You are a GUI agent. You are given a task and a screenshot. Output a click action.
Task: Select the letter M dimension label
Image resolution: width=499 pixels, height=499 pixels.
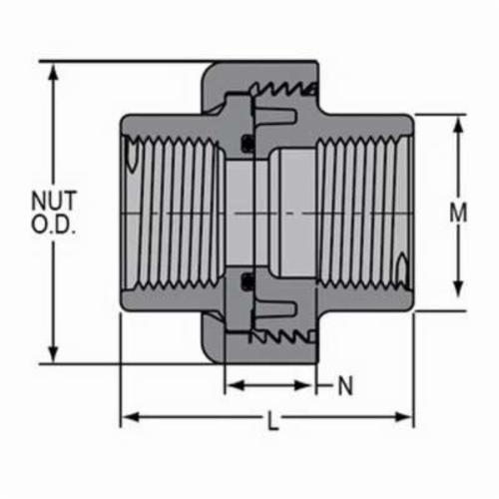[458, 213]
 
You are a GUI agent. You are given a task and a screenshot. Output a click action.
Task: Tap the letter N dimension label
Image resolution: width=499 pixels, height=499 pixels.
[345, 384]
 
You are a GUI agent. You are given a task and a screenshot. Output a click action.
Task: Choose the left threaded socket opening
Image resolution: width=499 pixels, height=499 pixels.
[175, 214]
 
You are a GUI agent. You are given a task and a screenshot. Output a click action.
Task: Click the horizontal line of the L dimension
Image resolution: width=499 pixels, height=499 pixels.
[200, 416]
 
